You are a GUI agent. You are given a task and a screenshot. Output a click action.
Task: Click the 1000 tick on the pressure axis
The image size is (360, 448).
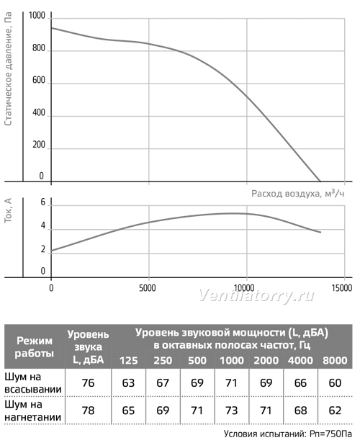pos(37,15)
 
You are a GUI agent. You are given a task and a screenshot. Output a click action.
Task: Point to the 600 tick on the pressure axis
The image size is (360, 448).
pos(39,80)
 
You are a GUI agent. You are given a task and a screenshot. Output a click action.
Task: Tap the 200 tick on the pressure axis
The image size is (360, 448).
pos(39,145)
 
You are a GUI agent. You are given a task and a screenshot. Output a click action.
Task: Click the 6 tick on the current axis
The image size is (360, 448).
pos(43,202)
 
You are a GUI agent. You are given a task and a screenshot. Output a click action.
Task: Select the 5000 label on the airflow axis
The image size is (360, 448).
pos(148,287)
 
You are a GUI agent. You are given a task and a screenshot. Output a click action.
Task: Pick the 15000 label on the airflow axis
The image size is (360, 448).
pos(342,287)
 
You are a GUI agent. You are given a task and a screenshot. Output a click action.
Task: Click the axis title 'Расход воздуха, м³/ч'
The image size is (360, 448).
pos(298,194)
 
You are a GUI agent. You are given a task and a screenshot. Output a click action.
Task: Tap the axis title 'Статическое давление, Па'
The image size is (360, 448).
pos(9,68)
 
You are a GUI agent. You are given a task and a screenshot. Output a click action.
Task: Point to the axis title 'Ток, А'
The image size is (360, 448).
pos(9,211)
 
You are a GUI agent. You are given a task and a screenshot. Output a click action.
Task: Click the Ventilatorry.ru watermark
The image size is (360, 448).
pos(256,296)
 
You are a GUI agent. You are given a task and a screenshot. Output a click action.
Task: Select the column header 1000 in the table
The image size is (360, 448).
pos(231,360)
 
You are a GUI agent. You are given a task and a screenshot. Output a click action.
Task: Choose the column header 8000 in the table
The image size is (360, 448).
pos(335,360)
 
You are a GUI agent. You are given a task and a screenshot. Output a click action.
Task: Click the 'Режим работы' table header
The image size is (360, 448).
pos(35,347)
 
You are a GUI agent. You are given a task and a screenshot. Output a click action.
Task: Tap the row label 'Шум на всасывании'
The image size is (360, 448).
pos(33,383)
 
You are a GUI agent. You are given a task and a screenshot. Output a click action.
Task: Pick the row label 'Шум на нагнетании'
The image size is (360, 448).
pos(33,411)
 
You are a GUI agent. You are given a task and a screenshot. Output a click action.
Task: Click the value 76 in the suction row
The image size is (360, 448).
pos(88,383)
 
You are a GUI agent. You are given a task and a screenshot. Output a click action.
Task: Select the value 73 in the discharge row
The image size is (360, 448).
pos(231,411)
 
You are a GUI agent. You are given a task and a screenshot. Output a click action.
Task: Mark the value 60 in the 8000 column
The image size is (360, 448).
pos(335,383)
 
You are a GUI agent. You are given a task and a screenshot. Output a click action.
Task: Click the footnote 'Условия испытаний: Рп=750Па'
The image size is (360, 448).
pos(288,434)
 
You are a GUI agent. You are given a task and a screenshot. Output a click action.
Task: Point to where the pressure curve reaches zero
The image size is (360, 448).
pos(320,181)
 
